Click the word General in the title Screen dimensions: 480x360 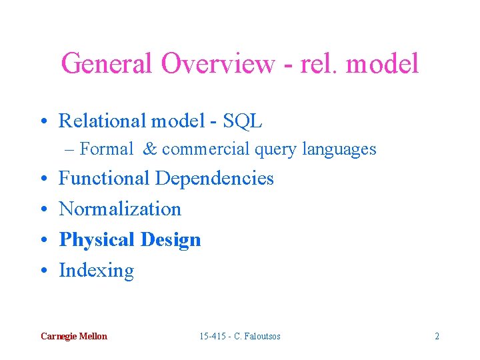pyautogui.click(x=107, y=64)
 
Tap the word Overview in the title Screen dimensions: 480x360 pyautogui.click(x=217, y=64)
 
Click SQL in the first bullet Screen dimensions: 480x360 pyautogui.click(x=243, y=121)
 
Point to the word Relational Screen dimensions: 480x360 pyautogui.click(x=103, y=121)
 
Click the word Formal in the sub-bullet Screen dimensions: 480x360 pyautogui.click(x=106, y=149)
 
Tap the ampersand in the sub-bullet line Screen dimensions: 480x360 pyautogui.click(x=150, y=149)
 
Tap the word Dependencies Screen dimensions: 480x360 pyautogui.click(x=215, y=179)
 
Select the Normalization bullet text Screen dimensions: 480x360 pyautogui.click(x=120, y=209)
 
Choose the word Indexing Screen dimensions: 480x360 pyautogui.click(x=96, y=271)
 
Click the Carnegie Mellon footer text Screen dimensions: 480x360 pyautogui.click(x=73, y=336)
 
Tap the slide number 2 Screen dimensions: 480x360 pyautogui.click(x=437, y=336)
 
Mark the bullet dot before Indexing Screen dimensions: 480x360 pyautogui.click(x=43, y=271)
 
